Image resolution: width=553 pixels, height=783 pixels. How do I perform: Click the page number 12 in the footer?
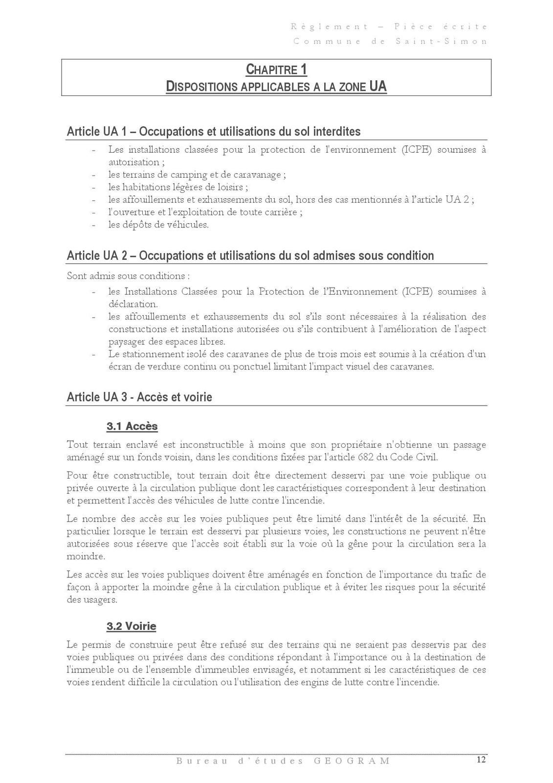click(481, 760)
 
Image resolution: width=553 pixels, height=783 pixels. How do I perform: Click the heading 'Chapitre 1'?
click(276, 69)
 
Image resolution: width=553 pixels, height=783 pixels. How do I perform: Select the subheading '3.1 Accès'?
click(132, 426)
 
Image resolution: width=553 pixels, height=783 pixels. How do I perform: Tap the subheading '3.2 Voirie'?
click(131, 626)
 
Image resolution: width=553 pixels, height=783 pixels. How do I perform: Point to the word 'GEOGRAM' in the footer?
click(351, 761)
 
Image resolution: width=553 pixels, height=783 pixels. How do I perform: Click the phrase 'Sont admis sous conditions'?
click(127, 276)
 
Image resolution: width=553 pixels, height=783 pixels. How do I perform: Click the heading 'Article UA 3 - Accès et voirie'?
click(139, 397)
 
